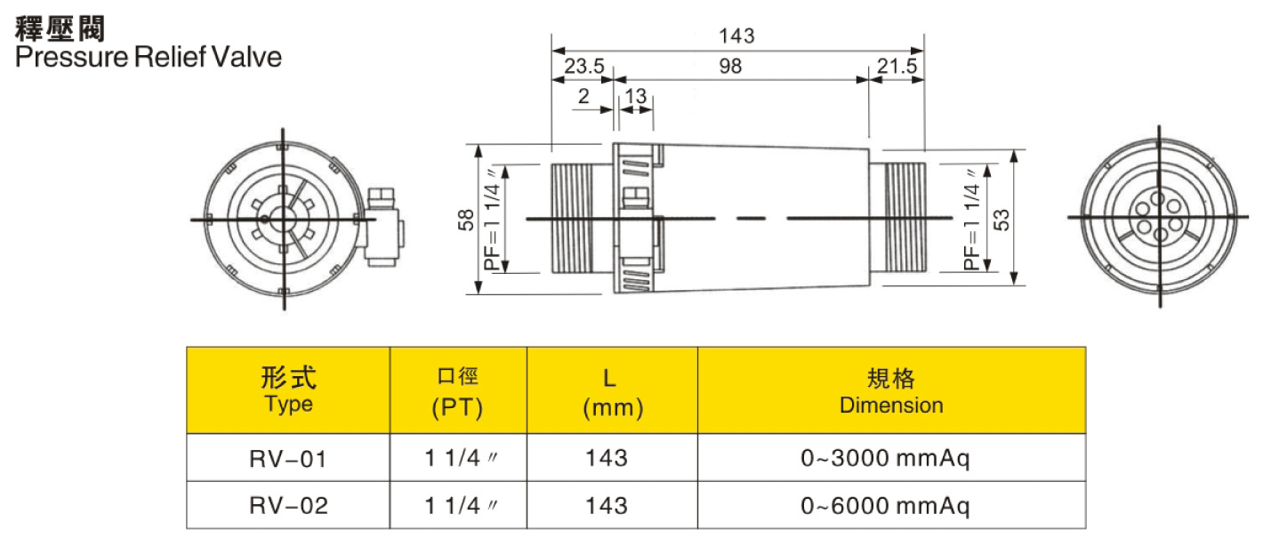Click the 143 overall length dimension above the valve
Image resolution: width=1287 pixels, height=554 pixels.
pos(737,36)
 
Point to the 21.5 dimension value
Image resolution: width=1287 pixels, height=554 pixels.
pos(896,66)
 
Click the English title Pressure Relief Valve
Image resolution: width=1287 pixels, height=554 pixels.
pos(149,58)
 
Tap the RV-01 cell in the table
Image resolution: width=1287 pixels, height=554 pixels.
pos(289,459)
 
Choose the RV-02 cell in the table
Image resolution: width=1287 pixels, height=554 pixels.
pos(289,506)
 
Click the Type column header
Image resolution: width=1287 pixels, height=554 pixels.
pos(289,391)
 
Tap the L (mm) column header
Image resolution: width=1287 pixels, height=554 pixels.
pos(612,392)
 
